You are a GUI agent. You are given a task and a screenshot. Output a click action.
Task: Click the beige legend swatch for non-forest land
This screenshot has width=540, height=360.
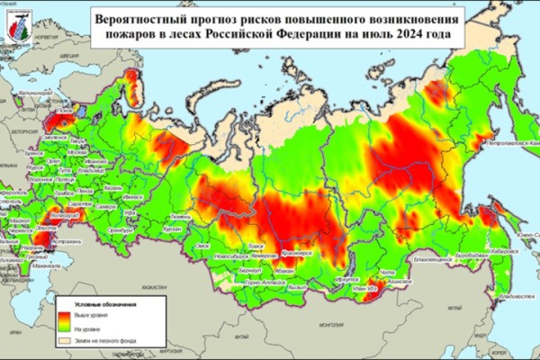coord(66,341)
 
